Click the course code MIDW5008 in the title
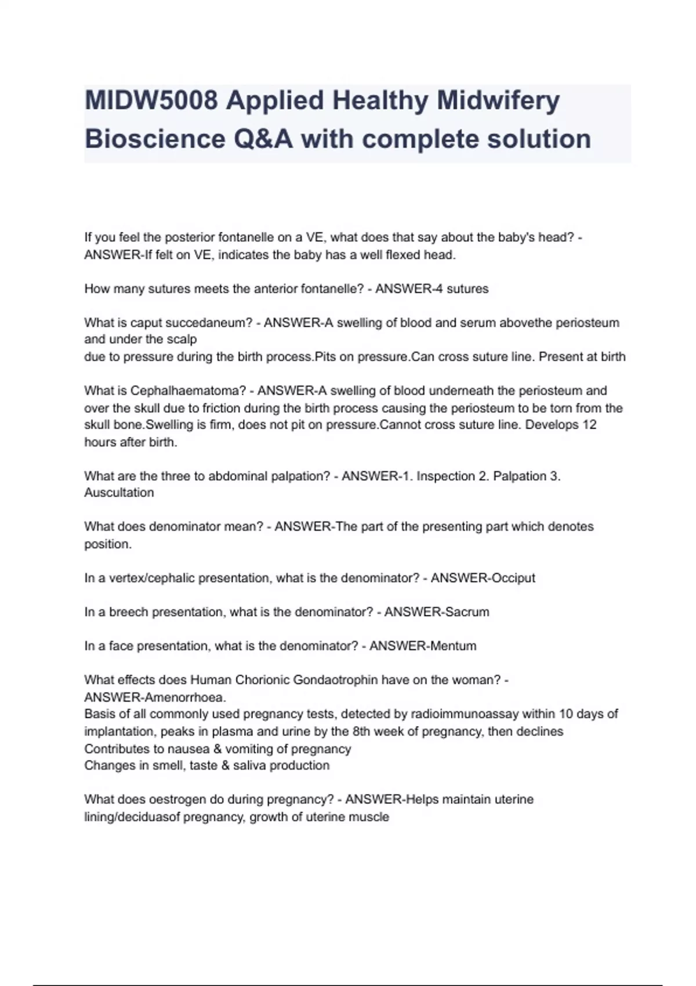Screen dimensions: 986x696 [151, 101]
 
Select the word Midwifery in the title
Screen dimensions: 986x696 [498, 101]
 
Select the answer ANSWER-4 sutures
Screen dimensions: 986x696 [432, 289]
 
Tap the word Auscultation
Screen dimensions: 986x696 [119, 492]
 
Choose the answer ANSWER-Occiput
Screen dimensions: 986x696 [483, 578]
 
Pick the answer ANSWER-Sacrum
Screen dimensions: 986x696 [437, 612]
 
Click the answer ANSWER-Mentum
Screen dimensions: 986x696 [423, 646]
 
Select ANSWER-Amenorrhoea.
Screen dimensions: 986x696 [155, 697]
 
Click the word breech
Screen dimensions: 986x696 [129, 612]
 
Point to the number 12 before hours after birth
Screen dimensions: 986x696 [589, 425]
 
